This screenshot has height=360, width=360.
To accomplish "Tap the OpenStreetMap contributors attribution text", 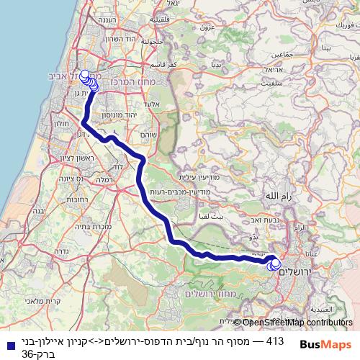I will coord(296,323).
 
